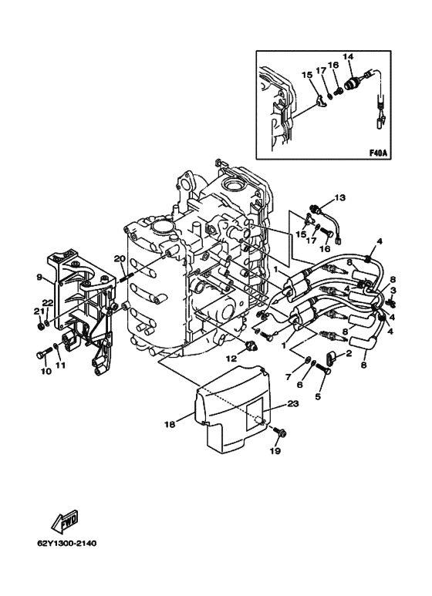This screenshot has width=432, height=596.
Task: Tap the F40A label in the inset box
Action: [378, 153]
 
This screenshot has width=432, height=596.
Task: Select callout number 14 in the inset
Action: [348, 56]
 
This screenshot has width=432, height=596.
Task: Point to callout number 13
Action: [339, 197]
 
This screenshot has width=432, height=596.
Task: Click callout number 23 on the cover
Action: [294, 404]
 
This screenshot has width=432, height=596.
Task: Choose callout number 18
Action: [170, 424]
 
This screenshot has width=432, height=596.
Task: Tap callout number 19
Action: [275, 451]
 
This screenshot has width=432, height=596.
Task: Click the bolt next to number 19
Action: [279, 432]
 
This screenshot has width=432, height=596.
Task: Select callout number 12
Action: [232, 358]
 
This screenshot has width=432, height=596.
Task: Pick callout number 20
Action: [120, 259]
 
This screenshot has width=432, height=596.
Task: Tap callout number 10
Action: [46, 371]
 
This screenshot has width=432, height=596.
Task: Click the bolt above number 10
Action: [44, 352]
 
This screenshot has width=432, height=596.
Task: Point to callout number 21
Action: [37, 312]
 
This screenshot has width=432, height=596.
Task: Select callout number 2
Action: [349, 353]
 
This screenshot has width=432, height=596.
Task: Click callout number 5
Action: [318, 396]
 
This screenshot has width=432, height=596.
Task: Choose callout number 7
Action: [288, 377]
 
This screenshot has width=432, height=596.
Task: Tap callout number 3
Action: [393, 291]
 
